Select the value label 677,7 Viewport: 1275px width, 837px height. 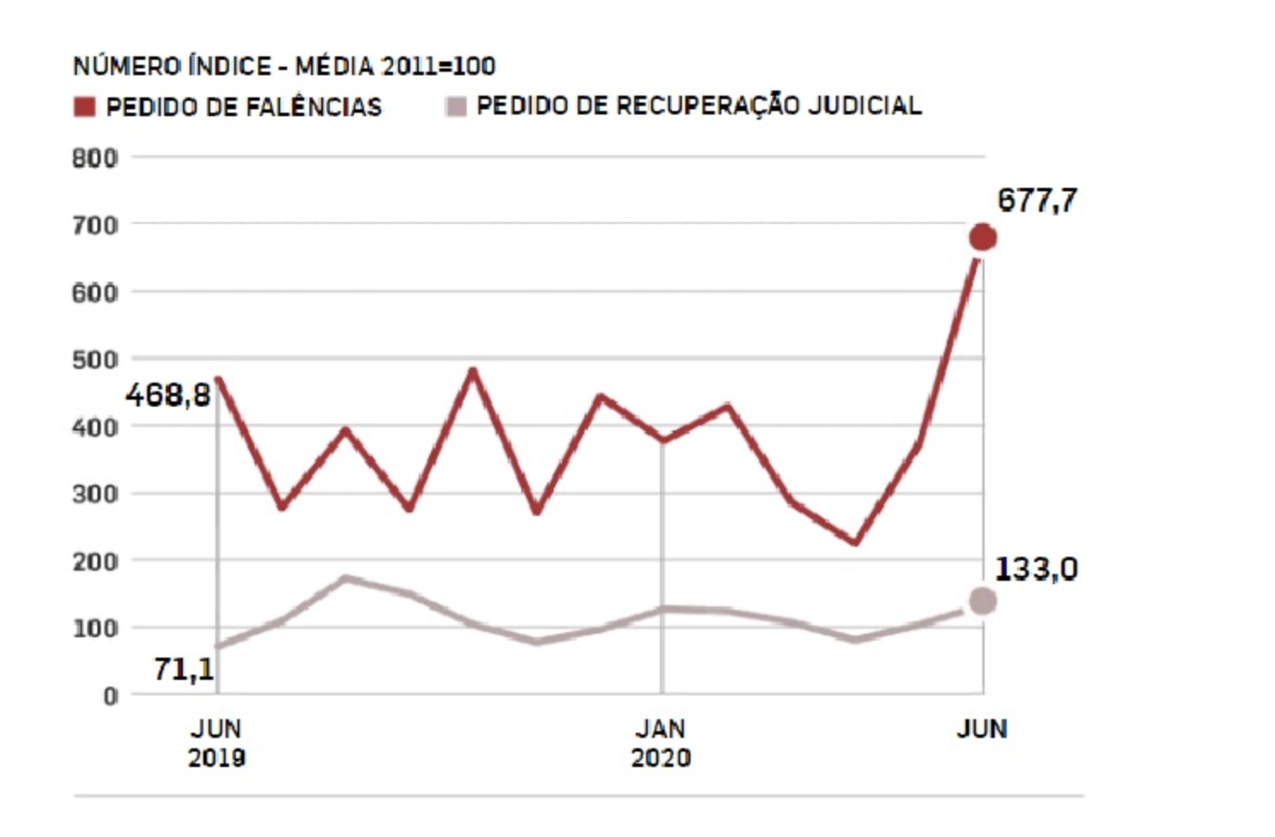(1037, 201)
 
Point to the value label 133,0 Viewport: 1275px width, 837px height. (1036, 569)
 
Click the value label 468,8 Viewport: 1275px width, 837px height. (168, 395)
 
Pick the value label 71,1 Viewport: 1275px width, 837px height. (184, 669)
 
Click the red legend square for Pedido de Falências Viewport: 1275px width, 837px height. (85, 107)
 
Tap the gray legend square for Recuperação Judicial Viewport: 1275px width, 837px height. (456, 107)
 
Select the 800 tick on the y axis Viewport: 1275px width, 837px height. (95, 158)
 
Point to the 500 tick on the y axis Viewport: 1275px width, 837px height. (95, 360)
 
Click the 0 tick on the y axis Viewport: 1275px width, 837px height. (110, 696)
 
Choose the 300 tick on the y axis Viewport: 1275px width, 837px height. (95, 495)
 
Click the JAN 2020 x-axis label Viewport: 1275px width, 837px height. (661, 743)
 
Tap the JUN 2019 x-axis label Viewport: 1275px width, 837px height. (216, 743)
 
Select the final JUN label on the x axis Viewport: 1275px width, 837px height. (982, 729)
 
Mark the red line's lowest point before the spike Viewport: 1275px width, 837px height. (855, 541)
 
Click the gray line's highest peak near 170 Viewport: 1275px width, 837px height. (345, 578)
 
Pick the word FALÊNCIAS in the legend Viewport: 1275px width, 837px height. (314, 107)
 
